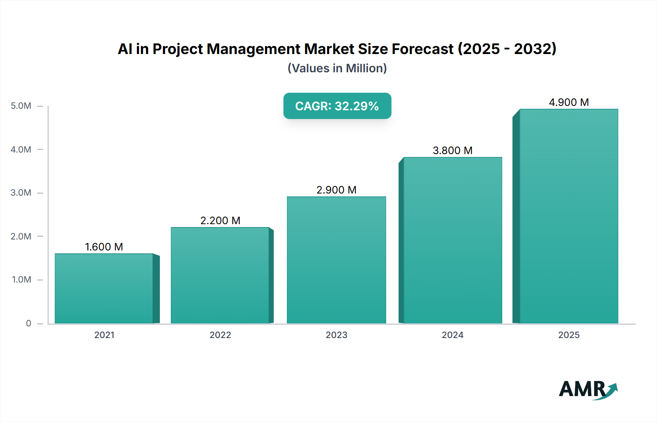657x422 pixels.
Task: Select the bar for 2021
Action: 104,288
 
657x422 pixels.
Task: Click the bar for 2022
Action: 220,275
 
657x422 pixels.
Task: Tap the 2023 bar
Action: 336,260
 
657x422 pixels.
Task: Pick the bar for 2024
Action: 453,240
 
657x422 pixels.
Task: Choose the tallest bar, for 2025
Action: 569,216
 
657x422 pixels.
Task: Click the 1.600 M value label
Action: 104,247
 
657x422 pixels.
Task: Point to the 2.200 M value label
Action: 220,220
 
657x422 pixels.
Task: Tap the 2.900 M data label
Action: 336,190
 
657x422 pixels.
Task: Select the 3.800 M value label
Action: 453,150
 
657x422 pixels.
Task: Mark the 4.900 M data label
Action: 569,102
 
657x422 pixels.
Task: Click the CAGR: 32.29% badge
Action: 337,106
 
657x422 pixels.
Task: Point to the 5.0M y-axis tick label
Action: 21,106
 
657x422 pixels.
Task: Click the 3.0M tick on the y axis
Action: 21,193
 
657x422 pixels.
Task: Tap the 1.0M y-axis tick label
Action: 22,280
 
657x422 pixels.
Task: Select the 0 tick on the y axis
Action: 28,323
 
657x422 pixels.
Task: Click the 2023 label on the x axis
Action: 336,335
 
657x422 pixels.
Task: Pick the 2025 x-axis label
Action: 569,335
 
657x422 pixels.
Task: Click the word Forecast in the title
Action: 422,49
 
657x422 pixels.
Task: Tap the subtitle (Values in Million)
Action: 337,68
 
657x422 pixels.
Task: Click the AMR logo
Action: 588,390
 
